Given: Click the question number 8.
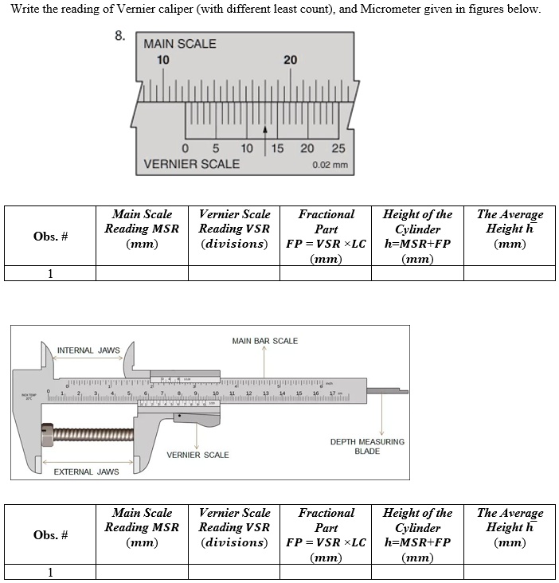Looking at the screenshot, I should (x=119, y=35).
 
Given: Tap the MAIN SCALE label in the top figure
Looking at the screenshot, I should (x=179, y=44).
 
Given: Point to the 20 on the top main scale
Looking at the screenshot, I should (x=290, y=61).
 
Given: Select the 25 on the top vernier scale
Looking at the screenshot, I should (x=338, y=148).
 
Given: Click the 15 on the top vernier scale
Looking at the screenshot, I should (x=277, y=148).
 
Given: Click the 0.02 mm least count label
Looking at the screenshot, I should (x=330, y=166).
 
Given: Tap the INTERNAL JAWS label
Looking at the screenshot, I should (x=88, y=350).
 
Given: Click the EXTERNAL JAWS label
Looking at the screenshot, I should (x=86, y=471).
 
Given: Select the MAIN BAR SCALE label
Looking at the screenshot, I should (x=264, y=341).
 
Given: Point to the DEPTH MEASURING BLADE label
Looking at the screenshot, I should (x=367, y=446).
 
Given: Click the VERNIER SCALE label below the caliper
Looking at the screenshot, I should (x=197, y=455).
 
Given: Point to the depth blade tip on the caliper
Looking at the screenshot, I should (x=404, y=391).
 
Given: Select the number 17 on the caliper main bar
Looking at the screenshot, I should (x=332, y=393).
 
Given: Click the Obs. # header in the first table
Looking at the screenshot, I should (x=50, y=236).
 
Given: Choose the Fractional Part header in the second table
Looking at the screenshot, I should (x=326, y=527).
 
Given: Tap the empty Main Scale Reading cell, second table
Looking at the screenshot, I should (x=142, y=572).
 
